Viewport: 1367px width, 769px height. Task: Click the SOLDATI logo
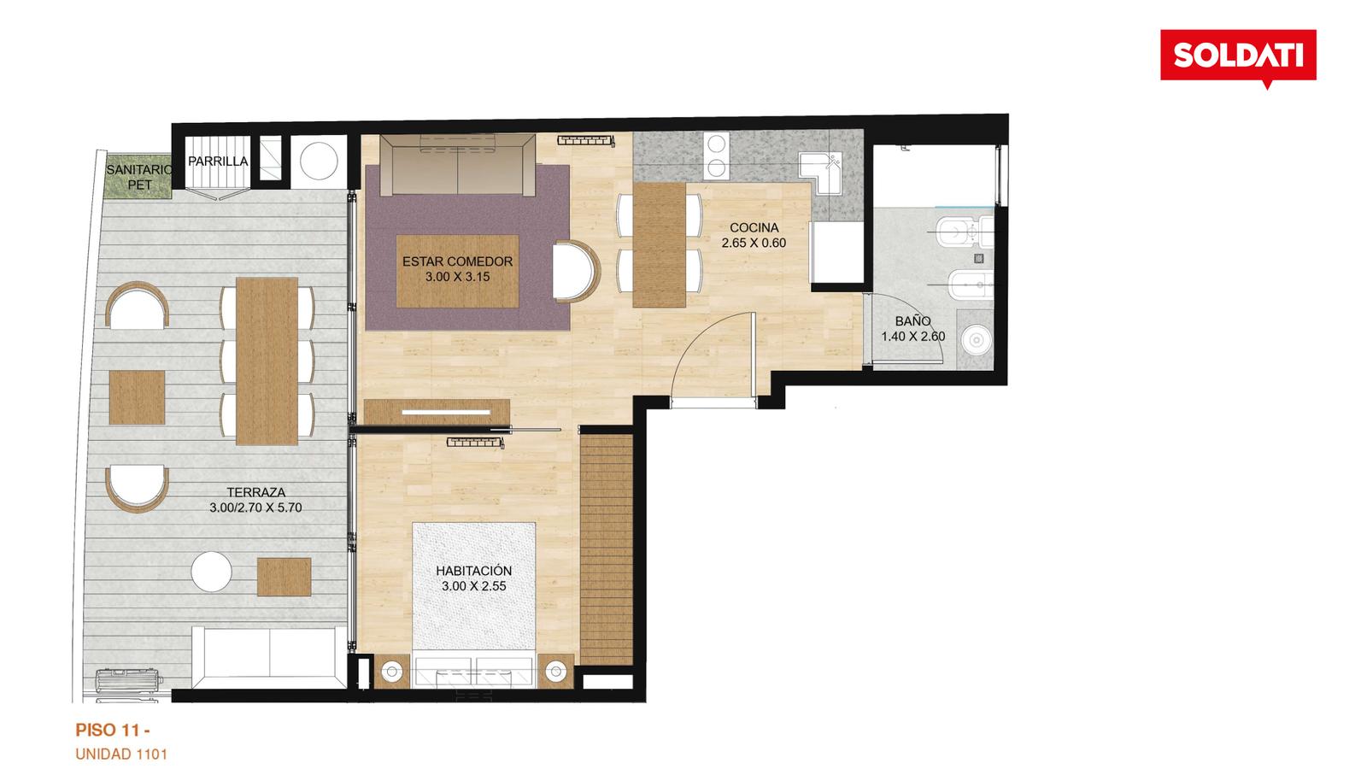point(1238,56)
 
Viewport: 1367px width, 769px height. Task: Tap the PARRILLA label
point(218,161)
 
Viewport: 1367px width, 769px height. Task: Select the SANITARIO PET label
point(138,177)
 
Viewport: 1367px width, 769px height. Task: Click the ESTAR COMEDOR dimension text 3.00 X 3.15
point(457,277)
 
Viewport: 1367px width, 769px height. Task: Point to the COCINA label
point(754,227)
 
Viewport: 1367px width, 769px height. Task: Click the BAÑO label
point(913,321)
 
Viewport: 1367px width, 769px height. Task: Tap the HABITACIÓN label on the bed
point(473,571)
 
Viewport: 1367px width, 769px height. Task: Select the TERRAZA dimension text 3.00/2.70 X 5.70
point(255,508)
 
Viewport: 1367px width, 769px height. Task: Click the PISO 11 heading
point(113,730)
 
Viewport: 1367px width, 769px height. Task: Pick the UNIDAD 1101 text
point(120,754)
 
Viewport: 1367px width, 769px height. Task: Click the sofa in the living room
point(458,165)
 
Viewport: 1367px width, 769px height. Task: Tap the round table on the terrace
point(211,572)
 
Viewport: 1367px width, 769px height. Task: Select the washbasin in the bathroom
point(975,339)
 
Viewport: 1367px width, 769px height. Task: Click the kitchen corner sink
point(821,173)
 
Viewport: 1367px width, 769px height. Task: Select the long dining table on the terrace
point(267,361)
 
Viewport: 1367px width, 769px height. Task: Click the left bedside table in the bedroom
point(391,672)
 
